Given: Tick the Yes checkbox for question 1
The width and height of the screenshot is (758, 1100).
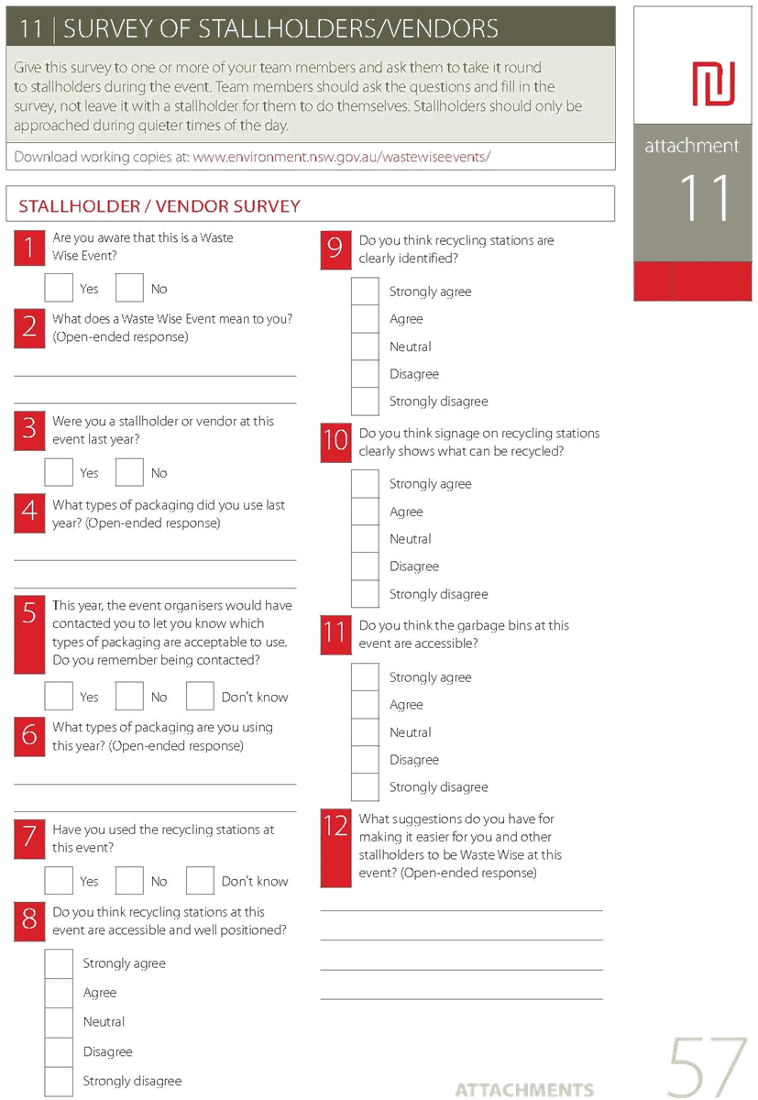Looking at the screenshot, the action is click(x=59, y=287).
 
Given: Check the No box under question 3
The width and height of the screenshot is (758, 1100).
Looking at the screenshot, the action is click(x=129, y=472).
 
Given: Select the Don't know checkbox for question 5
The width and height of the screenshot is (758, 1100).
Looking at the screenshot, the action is click(x=200, y=696).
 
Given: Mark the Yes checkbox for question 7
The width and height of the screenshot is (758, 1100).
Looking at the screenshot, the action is click(x=59, y=881).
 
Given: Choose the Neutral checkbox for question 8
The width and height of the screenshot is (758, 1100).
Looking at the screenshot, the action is click(x=59, y=1022).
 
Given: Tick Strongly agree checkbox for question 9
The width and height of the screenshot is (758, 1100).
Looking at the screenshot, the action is click(x=365, y=291).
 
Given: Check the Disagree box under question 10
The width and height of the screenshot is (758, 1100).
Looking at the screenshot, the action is click(x=365, y=566).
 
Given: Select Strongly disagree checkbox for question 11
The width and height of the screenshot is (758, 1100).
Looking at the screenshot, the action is click(x=365, y=786).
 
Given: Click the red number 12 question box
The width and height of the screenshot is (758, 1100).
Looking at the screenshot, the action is click(x=335, y=848).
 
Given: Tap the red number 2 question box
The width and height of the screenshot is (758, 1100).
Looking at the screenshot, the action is click(x=29, y=328).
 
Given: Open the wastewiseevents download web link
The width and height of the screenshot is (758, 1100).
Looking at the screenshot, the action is click(x=342, y=157).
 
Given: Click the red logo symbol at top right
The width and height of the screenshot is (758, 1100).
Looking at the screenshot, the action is click(x=713, y=83).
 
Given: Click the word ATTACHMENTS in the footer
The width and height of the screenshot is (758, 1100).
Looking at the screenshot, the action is click(x=524, y=1089).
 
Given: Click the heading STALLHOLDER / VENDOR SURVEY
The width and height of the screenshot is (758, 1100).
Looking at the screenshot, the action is click(x=159, y=206).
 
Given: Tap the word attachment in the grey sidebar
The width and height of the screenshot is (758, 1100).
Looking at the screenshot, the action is click(x=692, y=146).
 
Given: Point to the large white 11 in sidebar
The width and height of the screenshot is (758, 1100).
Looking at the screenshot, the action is click(x=705, y=197).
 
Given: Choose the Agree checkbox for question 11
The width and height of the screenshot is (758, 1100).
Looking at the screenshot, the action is click(x=365, y=704).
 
